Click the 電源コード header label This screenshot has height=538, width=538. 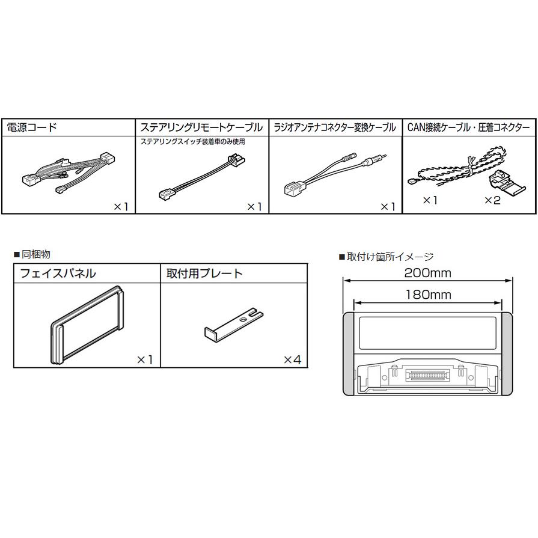coord(31,127)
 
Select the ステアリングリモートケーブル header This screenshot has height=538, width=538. coord(201,127)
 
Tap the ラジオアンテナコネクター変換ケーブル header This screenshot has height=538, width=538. coord(335,127)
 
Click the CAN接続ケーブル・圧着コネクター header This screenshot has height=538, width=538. coord(469,127)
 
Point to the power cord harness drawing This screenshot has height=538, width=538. coord(66,171)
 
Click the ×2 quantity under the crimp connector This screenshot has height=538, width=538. coord(492,200)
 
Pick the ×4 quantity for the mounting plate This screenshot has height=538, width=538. coord(292,359)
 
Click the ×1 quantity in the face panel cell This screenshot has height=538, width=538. coord(145,359)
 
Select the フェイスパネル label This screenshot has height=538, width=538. coord(58,274)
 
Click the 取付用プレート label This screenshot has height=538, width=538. coord(204,274)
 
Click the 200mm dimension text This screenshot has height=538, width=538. coord(427,273)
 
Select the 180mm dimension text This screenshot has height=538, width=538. coord(427,295)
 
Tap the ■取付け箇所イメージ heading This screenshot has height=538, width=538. coord(386,257)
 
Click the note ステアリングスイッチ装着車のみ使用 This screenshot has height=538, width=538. coord(192,142)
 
